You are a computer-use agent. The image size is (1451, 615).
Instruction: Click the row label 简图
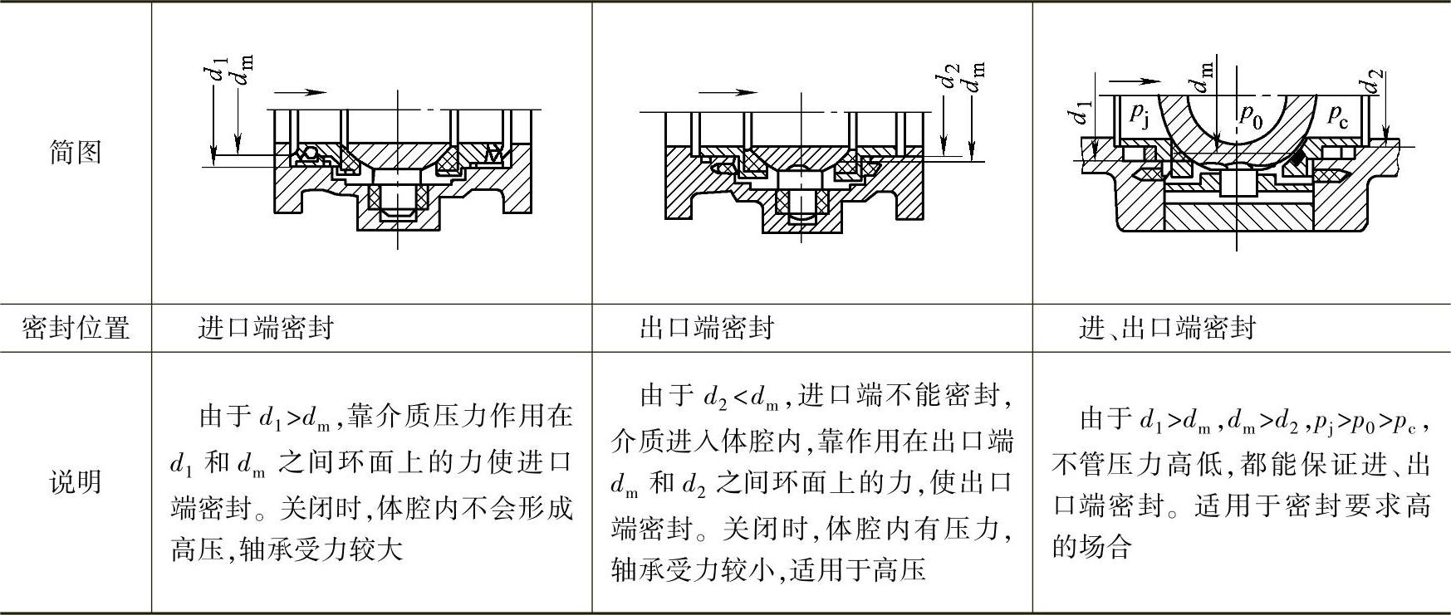[x=76, y=152]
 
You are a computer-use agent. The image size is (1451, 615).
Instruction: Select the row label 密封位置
[x=76, y=327]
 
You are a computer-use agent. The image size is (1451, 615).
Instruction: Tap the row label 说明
[x=76, y=482]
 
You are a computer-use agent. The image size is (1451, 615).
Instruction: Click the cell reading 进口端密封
[x=266, y=327]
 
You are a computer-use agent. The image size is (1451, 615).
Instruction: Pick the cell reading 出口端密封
[x=707, y=327]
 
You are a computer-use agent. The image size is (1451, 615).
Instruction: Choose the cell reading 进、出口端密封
[x=1167, y=328]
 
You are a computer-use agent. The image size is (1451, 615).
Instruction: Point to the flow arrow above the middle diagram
[x=728, y=92]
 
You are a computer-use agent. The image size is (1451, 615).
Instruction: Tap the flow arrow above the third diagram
[x=1135, y=81]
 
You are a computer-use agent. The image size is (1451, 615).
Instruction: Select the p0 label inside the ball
[x=1250, y=115]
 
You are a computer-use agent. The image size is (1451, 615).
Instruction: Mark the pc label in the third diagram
[x=1338, y=115]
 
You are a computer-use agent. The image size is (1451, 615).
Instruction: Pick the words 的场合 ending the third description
[x=1091, y=546]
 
